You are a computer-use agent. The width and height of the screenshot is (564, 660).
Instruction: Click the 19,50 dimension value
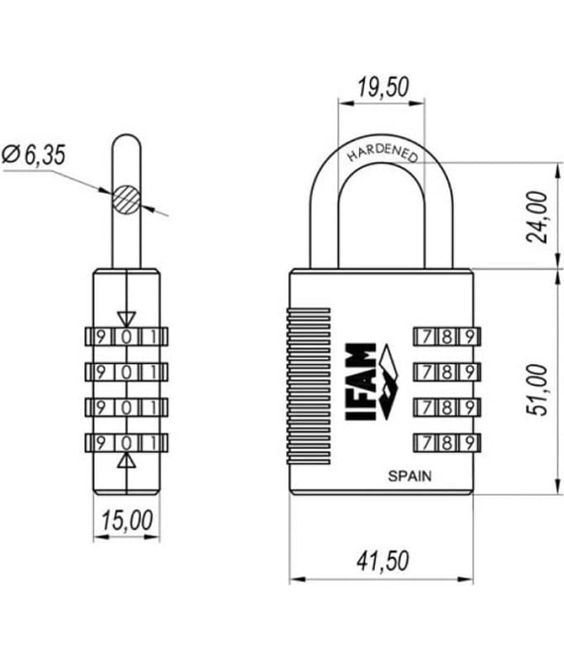click(383, 87)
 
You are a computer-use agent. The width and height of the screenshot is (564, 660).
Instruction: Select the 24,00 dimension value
click(538, 217)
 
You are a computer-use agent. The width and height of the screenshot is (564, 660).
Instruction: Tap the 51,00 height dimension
click(538, 389)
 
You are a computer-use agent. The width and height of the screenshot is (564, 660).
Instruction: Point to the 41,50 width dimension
click(383, 561)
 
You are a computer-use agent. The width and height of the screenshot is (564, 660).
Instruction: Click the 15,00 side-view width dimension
click(127, 521)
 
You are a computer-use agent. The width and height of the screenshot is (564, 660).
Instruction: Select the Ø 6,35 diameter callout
click(34, 154)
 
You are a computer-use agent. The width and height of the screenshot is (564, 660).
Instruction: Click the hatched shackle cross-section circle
click(126, 199)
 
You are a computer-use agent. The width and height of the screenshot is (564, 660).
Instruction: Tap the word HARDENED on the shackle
click(382, 153)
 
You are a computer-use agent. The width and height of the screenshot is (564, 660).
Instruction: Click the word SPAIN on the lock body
click(410, 476)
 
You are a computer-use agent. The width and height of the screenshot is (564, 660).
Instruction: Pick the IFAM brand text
click(361, 382)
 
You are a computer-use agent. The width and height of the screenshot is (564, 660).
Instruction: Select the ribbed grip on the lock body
click(308, 386)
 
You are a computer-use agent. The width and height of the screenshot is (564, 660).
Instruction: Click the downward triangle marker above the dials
click(126, 319)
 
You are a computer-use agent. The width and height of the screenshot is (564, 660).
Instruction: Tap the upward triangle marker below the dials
click(126, 460)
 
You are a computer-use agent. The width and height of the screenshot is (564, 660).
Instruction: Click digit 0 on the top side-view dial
click(126, 337)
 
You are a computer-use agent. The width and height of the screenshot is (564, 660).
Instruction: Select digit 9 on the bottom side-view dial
click(101, 443)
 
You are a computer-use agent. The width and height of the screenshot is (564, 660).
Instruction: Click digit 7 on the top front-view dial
click(427, 337)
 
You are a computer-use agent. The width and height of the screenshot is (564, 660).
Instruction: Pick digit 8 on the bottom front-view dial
click(448, 443)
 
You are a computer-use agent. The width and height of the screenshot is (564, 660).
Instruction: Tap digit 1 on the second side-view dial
click(154, 372)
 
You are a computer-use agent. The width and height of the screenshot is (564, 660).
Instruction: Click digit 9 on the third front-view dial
click(470, 408)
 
